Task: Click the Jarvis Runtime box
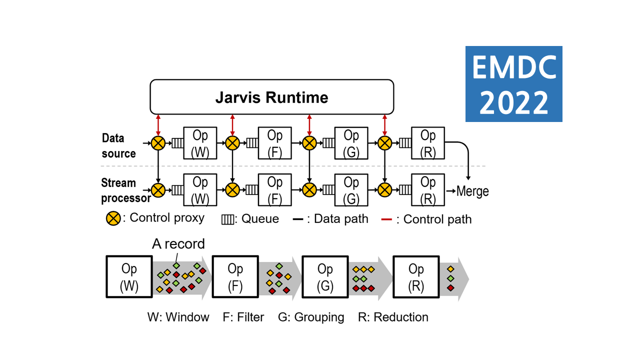[272, 97]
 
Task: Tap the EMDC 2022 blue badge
[513, 84]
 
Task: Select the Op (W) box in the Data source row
[200, 143]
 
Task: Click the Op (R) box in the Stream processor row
[428, 190]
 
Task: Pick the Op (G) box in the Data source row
[351, 143]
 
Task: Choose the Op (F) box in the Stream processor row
[274, 190]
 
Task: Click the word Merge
[472, 191]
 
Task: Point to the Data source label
[118, 145]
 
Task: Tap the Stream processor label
[126, 190]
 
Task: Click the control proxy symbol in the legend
[113, 219]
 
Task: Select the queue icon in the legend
[228, 219]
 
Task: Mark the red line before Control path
[386, 219]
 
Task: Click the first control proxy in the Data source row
[158, 143]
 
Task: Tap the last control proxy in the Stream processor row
[384, 190]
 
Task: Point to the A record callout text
[178, 244]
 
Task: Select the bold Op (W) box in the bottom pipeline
[129, 276]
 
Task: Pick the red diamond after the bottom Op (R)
[450, 287]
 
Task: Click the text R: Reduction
[393, 317]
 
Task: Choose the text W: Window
[178, 317]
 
